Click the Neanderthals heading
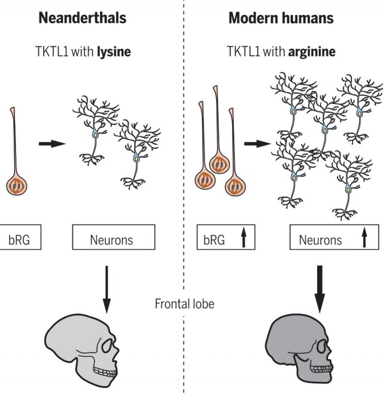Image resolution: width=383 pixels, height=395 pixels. pos(82,18)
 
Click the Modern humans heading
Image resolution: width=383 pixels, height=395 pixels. pos(281,18)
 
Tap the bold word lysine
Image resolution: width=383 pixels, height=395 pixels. pos(114,52)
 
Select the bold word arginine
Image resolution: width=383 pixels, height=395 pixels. pos(312,52)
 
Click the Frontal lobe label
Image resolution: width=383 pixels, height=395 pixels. pos(185,304)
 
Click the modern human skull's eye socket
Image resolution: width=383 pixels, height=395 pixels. pos(323,347)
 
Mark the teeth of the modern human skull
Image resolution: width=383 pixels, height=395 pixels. pos(321,369)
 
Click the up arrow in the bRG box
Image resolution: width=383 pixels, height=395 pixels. pos(244,237)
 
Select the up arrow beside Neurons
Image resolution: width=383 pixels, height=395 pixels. pos(364,237)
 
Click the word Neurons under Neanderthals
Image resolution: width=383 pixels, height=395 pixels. pos(111,240)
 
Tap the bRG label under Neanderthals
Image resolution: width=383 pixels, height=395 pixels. pos(19,240)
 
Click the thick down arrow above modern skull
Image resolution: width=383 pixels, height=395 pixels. pos(320,289)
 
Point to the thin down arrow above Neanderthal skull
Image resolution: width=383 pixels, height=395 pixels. pos(107,289)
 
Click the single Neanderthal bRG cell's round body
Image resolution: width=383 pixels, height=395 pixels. pos(17,186)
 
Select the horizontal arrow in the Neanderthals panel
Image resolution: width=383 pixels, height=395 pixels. pos(52,144)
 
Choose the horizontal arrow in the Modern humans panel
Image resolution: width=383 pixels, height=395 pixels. pos(257,144)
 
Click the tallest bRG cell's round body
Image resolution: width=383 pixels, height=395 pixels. pos(220,164)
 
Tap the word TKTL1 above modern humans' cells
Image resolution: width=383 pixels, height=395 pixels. pos(243,51)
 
